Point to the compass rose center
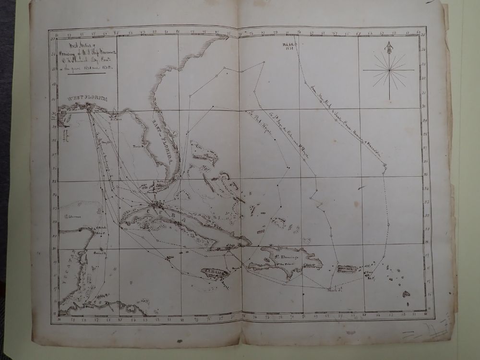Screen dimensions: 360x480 click(388, 70)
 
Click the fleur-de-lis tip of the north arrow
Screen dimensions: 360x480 click(388, 45)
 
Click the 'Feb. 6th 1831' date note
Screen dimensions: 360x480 click(291, 47)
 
